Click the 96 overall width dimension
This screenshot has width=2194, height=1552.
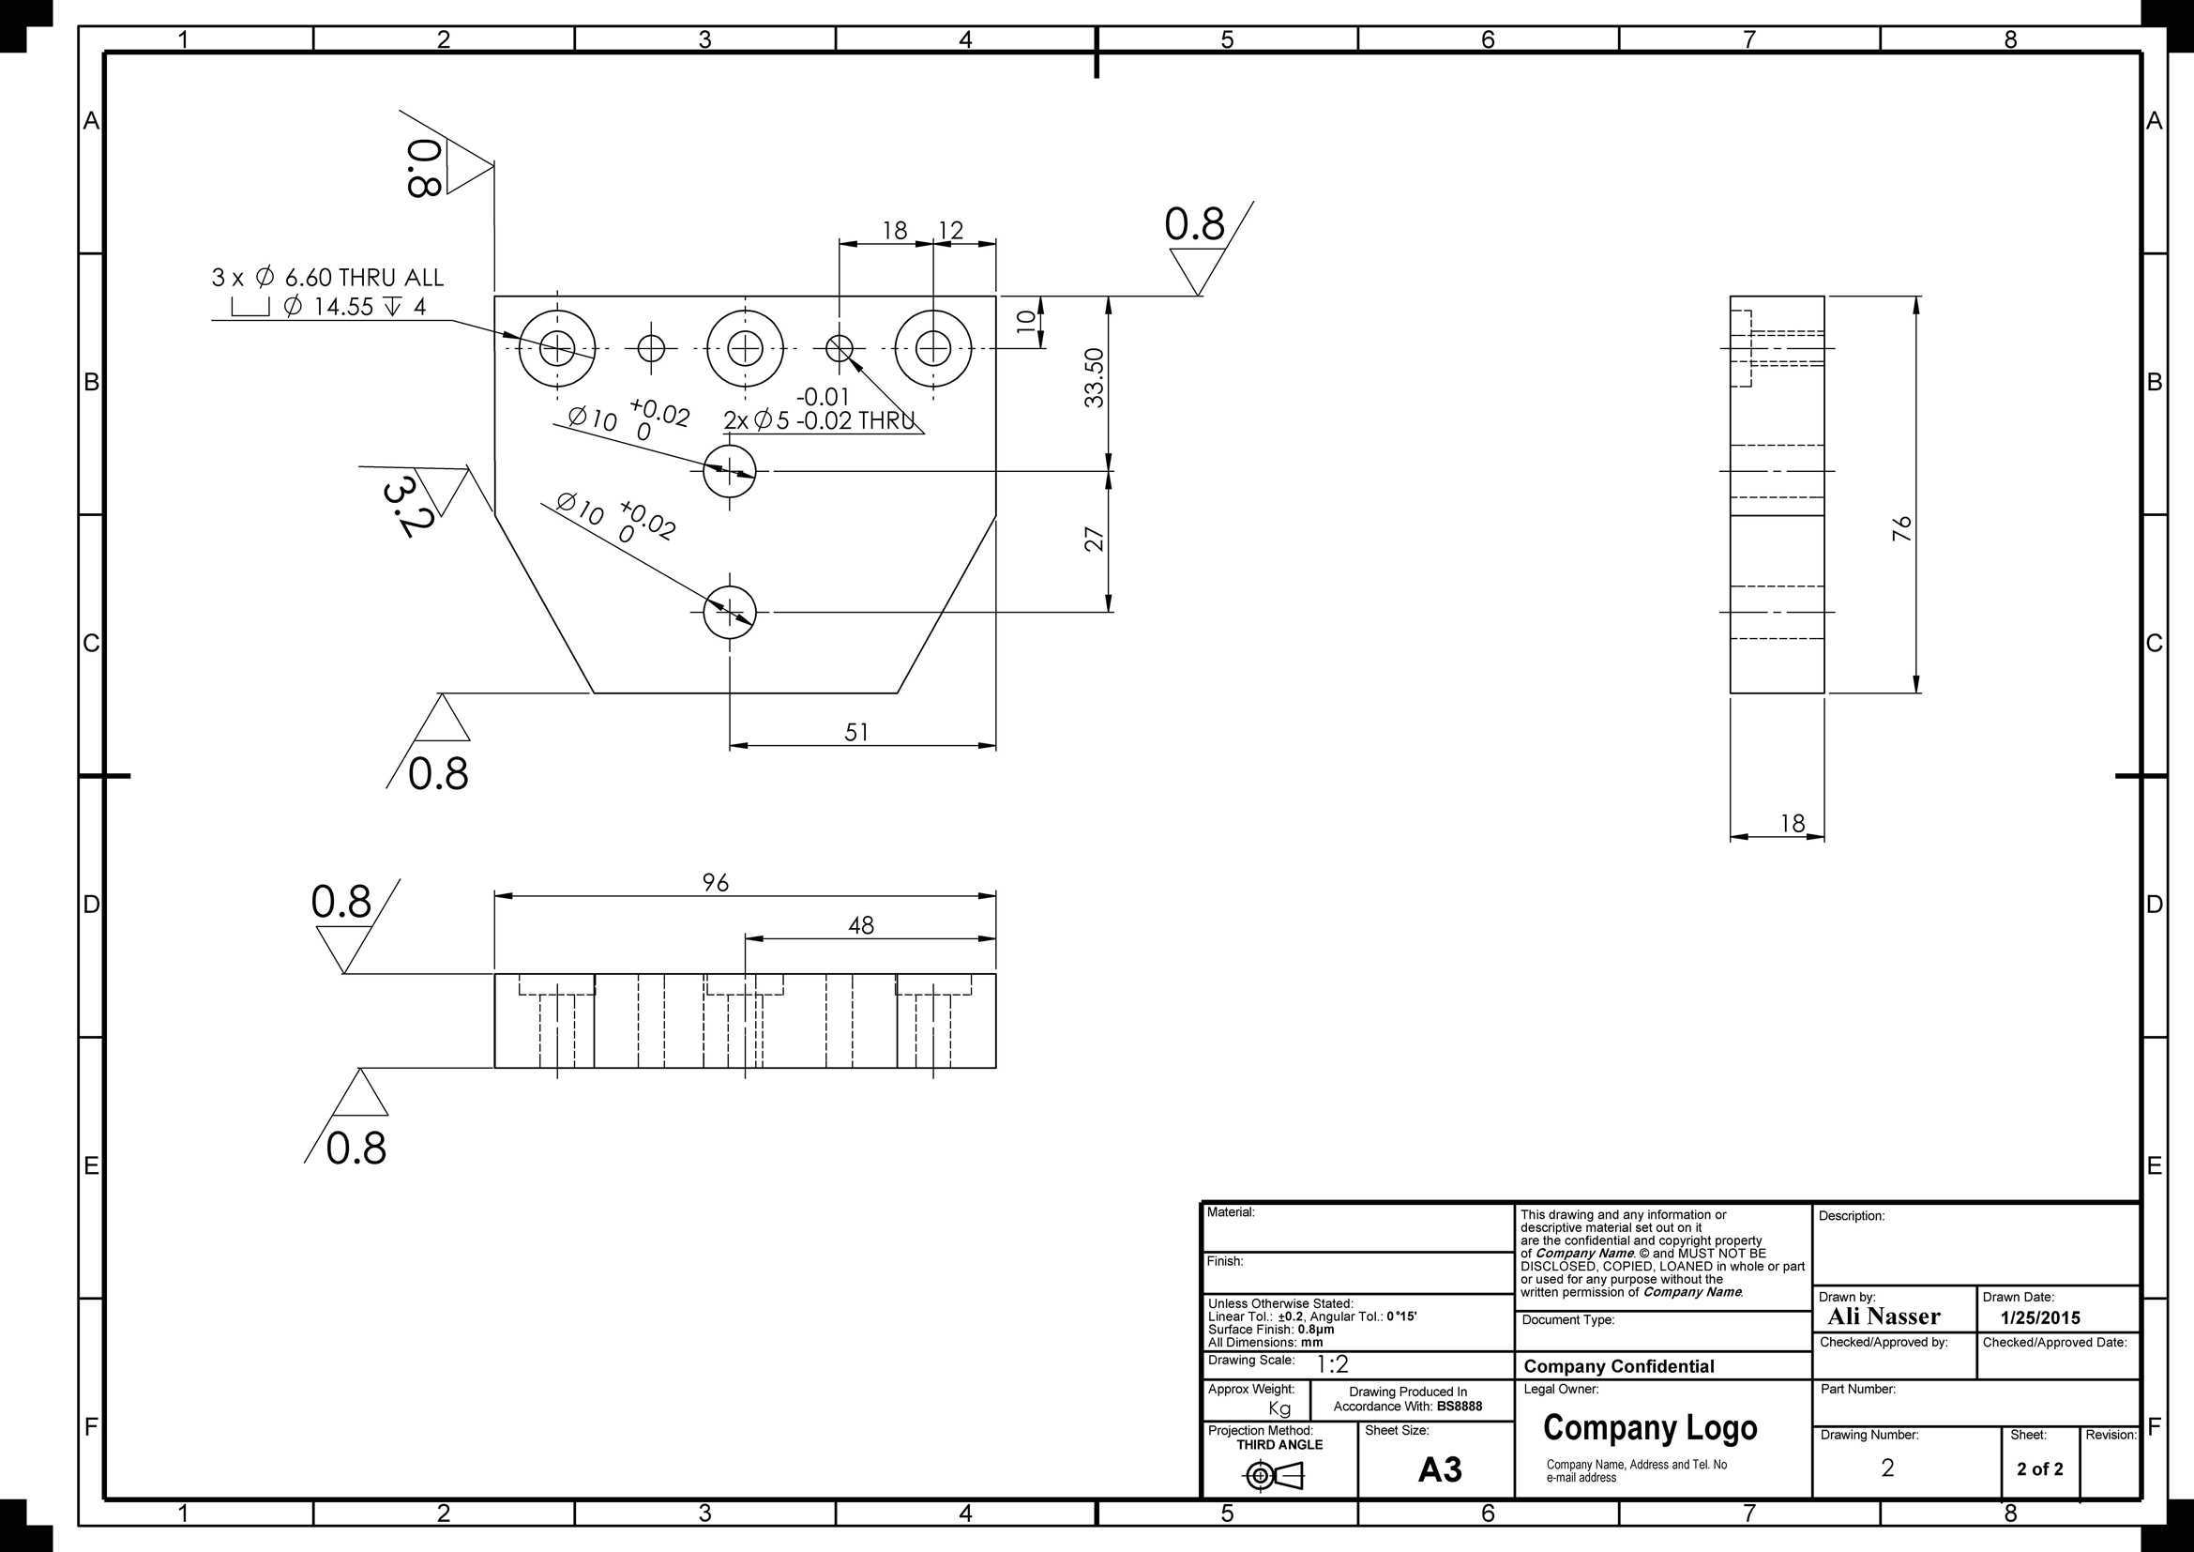(716, 882)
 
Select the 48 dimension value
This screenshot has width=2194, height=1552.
(861, 925)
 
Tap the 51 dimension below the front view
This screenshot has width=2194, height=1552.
(857, 732)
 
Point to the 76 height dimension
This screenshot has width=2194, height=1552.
(1901, 528)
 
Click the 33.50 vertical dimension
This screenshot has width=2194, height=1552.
(1094, 377)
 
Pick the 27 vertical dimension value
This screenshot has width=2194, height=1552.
(1094, 539)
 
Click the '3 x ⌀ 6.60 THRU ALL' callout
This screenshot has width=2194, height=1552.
(327, 277)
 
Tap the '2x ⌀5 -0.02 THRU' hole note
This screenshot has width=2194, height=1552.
(819, 420)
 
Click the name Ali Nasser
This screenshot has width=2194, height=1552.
(1884, 1316)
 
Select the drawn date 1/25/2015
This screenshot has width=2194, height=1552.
(2040, 1317)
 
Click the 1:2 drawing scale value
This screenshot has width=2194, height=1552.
(1333, 1364)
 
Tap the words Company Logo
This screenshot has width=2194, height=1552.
(1650, 1428)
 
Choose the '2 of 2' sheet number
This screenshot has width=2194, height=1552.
(2040, 1468)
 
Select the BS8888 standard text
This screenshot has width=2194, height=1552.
(1460, 1406)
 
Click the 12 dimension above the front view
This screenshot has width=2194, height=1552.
(951, 230)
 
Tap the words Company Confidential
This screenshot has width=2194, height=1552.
(1619, 1366)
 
